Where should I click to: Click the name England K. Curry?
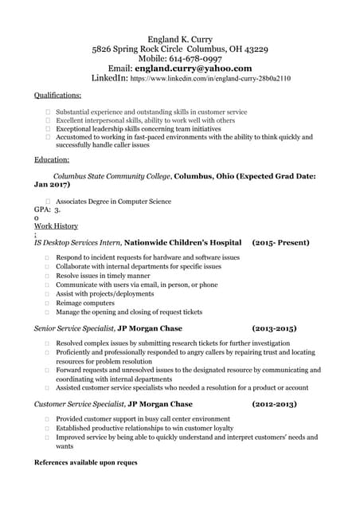(179, 39)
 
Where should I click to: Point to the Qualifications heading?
(57, 95)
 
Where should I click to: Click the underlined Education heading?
(52, 159)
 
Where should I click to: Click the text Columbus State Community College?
(112, 176)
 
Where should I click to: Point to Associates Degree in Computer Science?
(113, 202)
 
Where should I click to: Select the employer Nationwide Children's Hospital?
(182, 242)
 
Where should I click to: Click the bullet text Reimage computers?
(85, 303)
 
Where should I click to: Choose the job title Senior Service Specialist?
(74, 328)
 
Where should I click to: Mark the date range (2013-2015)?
(274, 328)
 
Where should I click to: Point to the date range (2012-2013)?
(274, 405)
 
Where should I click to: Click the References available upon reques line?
(86, 463)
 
